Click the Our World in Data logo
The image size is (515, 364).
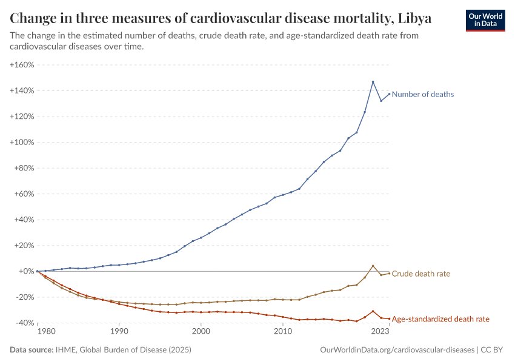coord(485,20)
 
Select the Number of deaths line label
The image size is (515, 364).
coord(423,94)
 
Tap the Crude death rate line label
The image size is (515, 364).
coord(421,274)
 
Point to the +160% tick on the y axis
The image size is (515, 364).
coord(22,64)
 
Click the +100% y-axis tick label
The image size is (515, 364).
coord(22,142)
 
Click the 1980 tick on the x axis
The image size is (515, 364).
coord(46,332)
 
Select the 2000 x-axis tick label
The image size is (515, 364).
coord(201,332)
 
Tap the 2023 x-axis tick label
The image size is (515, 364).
coord(380,332)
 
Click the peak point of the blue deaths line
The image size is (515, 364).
coord(373,82)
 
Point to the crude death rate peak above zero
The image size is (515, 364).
coord(373,266)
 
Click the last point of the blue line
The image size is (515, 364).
coord(389,94)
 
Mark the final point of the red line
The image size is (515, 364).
coord(389,318)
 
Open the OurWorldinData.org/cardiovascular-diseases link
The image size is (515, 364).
coord(397,350)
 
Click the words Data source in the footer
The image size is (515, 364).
coord(30,350)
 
